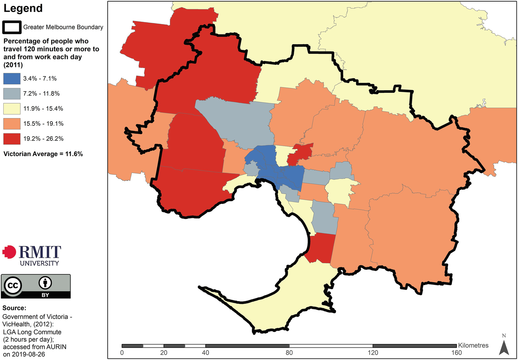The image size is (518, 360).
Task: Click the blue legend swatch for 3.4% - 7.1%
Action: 12,79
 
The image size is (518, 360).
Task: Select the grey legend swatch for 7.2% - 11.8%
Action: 12,93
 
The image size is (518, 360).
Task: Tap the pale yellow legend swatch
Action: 12,108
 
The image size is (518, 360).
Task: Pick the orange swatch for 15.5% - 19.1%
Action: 12,124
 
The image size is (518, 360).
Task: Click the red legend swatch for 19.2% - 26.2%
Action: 12,139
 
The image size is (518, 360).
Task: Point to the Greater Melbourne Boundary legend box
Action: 12,27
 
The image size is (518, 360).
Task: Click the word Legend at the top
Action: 23,8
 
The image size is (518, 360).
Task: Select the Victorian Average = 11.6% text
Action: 43,154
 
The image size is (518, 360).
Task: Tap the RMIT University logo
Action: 32,256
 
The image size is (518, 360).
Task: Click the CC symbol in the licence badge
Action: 13,285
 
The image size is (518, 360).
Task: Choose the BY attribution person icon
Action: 45,282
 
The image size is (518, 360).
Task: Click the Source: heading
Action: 14,308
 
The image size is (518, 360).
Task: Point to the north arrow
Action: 504,345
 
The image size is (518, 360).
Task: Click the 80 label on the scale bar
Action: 289,353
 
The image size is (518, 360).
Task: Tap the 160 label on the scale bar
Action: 456,353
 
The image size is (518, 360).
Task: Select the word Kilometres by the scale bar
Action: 473,345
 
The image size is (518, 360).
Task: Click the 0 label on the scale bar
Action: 122,353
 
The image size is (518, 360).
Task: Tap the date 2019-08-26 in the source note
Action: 28,354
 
